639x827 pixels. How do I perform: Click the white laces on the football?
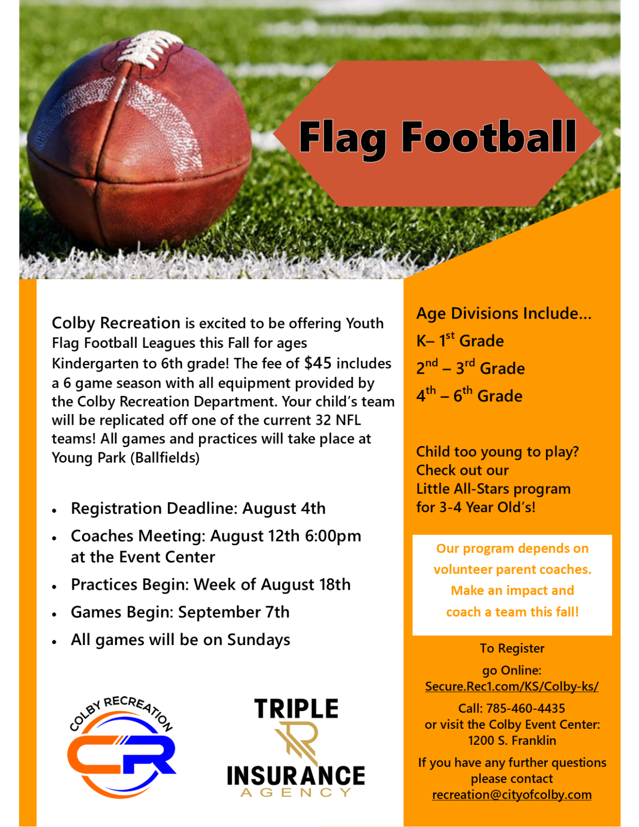(x=148, y=50)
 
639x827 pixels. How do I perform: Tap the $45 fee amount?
(x=318, y=363)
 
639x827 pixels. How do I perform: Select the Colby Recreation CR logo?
(x=121, y=749)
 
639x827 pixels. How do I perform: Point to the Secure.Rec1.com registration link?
(x=511, y=686)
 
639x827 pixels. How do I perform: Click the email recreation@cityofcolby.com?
(x=511, y=794)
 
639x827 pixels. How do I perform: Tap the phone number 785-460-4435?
(x=526, y=708)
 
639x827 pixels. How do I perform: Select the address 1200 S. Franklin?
(x=512, y=740)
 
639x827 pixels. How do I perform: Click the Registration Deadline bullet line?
(x=198, y=509)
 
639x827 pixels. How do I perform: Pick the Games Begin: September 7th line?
(x=180, y=612)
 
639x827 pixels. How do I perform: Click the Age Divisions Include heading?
(x=504, y=313)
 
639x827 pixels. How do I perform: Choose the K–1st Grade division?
(x=460, y=340)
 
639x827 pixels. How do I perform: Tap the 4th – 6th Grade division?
(x=469, y=395)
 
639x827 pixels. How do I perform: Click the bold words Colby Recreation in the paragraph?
(x=116, y=323)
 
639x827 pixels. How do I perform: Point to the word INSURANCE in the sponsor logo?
(x=296, y=776)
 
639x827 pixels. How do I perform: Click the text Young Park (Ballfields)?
(x=126, y=458)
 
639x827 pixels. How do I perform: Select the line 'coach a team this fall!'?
(x=512, y=612)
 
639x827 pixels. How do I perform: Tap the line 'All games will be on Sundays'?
(x=180, y=640)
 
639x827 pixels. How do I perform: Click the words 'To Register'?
(x=512, y=648)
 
